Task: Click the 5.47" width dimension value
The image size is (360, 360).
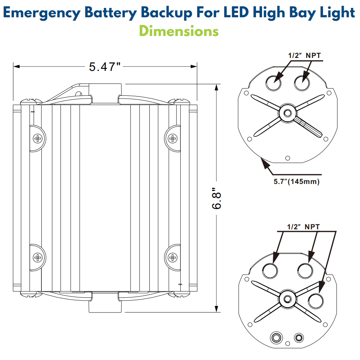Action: pyautogui.click(x=104, y=67)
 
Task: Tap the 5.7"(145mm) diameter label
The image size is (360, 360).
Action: pyautogui.click(x=296, y=181)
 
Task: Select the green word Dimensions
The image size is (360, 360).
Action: pyautogui.click(x=179, y=31)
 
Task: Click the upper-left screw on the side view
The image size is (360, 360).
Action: pyautogui.click(x=37, y=138)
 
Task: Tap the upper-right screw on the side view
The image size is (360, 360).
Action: pyautogui.click(x=173, y=138)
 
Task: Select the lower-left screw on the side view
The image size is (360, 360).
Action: pyautogui.click(x=37, y=257)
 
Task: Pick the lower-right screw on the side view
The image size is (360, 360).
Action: pyautogui.click(x=173, y=257)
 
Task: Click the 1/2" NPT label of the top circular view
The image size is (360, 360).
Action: pyautogui.click(x=304, y=55)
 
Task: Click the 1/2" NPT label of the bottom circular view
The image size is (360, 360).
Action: pyautogui.click(x=303, y=227)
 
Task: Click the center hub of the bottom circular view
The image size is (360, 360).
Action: pyautogui.click(x=287, y=298)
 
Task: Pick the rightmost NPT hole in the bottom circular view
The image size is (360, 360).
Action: pyautogui.click(x=316, y=301)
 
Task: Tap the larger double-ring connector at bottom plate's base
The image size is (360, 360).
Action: pyautogui.click(x=276, y=338)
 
